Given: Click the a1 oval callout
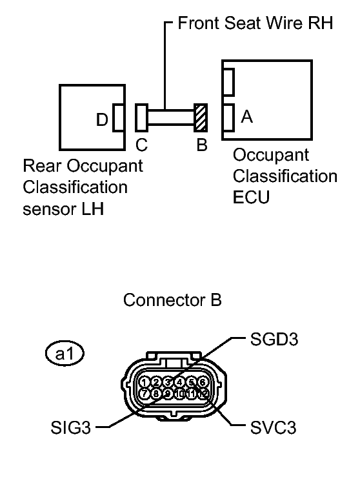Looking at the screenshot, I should pyautogui.click(x=66, y=354).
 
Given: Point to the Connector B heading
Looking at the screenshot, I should pyautogui.click(x=172, y=300).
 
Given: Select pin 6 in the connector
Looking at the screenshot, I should pyautogui.click(x=203, y=382).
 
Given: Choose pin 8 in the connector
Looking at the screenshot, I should pyautogui.click(x=157, y=393).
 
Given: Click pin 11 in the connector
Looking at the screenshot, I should pyautogui.click(x=192, y=393).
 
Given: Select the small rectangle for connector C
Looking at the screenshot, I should pyautogui.click(x=142, y=117).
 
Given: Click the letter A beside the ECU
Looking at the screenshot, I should pyautogui.click(x=246, y=117).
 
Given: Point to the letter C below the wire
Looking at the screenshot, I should pyautogui.click(x=141, y=145).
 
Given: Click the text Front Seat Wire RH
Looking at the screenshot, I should pyautogui.click(x=254, y=25).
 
